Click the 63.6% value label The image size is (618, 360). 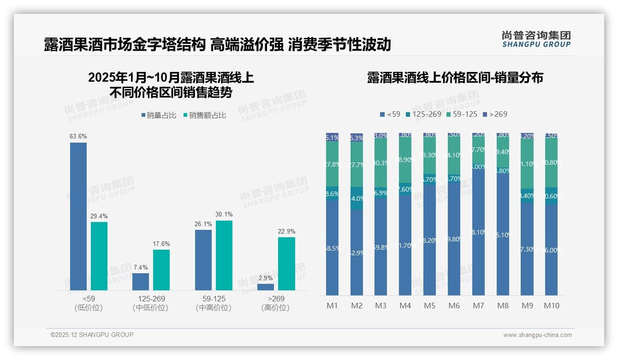coord(78,137)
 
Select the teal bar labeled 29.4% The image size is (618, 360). coord(99,256)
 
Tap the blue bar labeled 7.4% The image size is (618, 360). coord(141,282)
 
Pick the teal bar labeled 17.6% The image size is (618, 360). coord(161,270)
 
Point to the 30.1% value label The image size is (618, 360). coord(224,215)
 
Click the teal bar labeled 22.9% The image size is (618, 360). coord(286,264)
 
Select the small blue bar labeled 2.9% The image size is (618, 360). coord(266,287)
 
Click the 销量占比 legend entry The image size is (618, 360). coord(159,115)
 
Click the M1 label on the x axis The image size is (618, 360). coord(332,306)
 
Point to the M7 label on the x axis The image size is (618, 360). coord(478,306)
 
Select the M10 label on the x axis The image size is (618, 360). coord(551,306)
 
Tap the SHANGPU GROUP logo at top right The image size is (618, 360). coord(536,39)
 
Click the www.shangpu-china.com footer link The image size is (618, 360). coord(537,335)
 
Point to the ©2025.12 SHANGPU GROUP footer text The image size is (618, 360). coord(92,335)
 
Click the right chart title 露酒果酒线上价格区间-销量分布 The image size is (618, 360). coord(455,78)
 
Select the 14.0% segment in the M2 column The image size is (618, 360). coord(357,198)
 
